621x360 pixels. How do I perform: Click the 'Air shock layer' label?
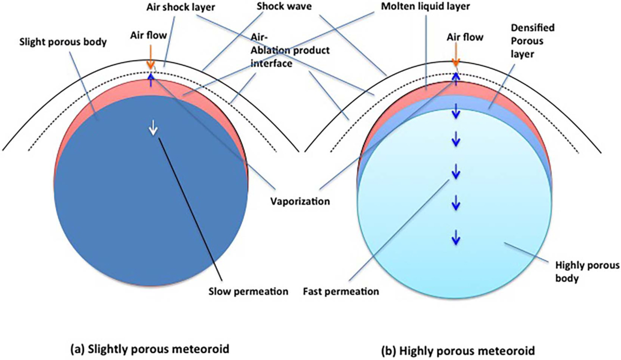click(181, 7)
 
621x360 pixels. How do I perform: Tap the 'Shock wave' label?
click(284, 6)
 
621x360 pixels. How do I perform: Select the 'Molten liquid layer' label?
click(425, 7)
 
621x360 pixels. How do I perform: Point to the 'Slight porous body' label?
click(63, 42)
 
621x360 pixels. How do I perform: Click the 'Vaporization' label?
click(300, 201)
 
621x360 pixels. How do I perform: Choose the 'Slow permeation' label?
click(248, 292)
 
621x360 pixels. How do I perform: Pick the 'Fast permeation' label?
click(341, 292)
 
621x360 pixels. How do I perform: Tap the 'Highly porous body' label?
click(587, 272)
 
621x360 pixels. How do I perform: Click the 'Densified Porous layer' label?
click(529, 41)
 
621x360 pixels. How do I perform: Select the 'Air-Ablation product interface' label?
click(290, 51)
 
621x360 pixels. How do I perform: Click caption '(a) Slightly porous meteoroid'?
click(150, 349)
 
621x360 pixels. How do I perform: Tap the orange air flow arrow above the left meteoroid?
click(150, 61)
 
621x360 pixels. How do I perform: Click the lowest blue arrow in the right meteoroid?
click(456, 237)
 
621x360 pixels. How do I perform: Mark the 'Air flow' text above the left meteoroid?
click(149, 35)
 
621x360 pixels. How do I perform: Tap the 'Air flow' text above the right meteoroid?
click(465, 37)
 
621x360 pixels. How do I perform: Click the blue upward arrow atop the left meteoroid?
click(151, 80)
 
